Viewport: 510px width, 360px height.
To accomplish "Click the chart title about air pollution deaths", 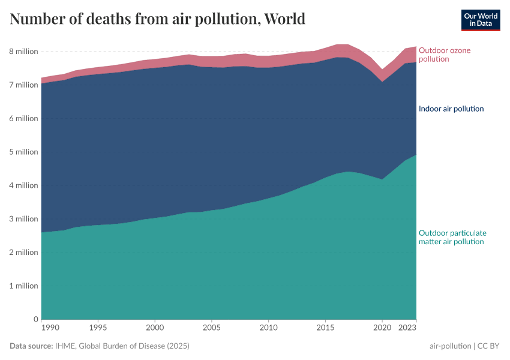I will (158, 19).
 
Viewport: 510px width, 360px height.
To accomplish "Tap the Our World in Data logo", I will (480, 20).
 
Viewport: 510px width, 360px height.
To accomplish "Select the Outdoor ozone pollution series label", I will (444, 55).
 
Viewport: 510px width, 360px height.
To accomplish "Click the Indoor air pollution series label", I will (451, 109).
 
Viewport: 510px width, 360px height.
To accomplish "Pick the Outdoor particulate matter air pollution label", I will (452, 237).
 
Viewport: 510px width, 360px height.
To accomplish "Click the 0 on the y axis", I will (35, 319).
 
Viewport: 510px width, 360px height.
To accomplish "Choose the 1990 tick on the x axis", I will (50, 328).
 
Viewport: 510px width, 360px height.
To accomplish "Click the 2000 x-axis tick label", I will (155, 328).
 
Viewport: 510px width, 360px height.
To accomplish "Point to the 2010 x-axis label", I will (268, 328).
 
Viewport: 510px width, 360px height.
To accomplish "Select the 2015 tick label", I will (325, 328).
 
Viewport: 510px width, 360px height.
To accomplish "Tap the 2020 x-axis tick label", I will (382, 328).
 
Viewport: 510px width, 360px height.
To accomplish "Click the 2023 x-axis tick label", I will (407, 328).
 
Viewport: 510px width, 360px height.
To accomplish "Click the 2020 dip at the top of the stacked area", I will (382, 70).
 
